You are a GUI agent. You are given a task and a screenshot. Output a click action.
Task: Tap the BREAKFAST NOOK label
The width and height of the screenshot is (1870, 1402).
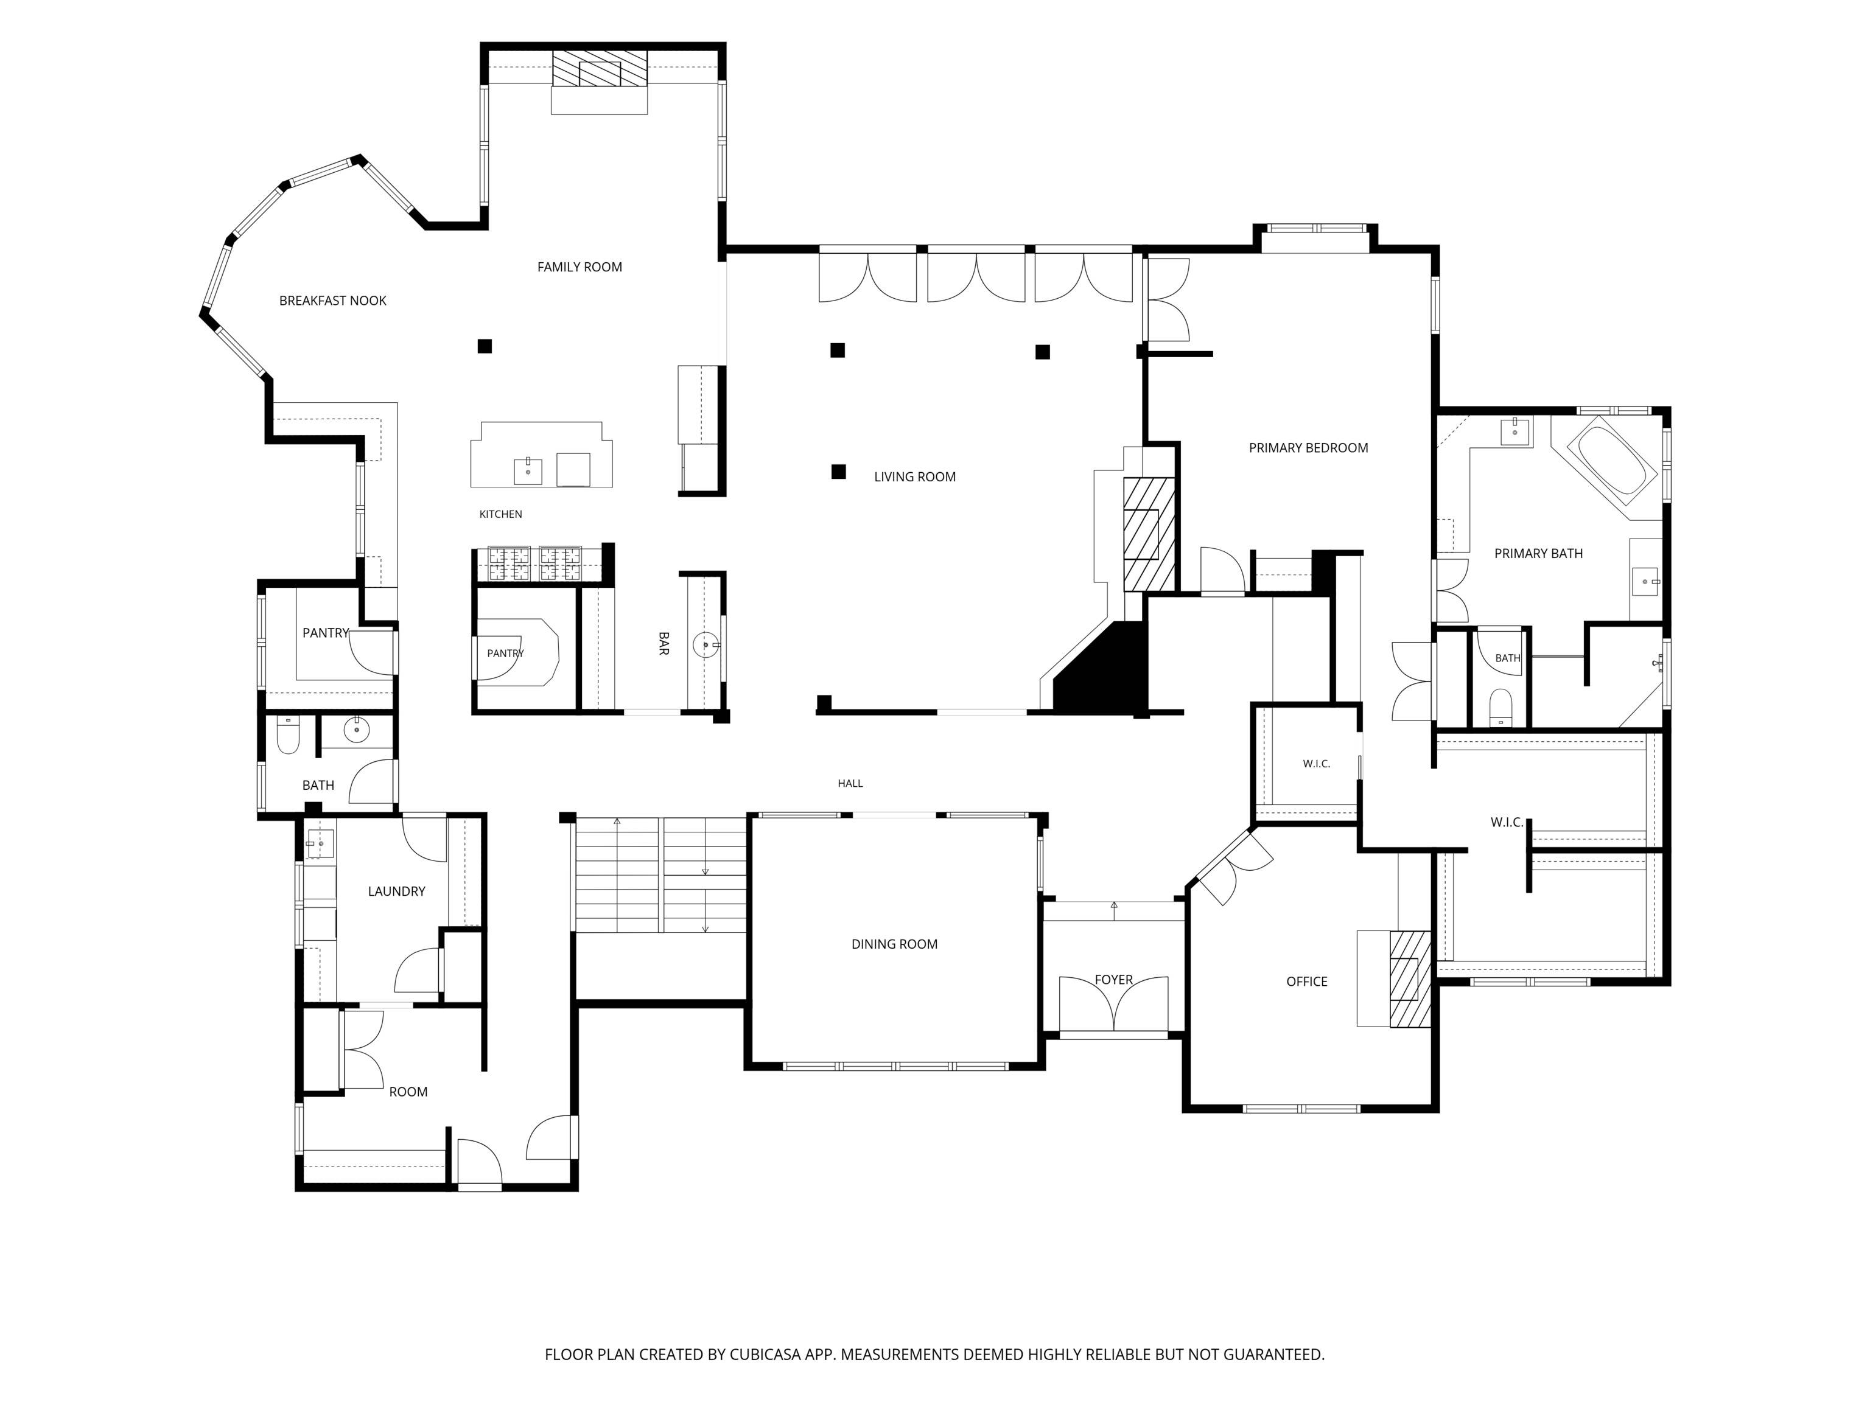[x=332, y=301]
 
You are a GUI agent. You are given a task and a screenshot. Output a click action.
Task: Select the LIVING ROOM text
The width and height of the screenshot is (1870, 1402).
[x=915, y=476]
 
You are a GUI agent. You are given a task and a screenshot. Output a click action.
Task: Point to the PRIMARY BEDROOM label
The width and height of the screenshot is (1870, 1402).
[x=1308, y=448]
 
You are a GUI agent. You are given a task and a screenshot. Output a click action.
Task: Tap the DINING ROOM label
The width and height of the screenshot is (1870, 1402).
[x=894, y=944]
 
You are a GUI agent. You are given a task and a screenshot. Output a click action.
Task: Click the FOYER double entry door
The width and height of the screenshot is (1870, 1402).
[x=1113, y=1006]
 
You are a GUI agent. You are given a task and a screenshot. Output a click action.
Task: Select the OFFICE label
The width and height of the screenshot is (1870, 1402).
[x=1306, y=981]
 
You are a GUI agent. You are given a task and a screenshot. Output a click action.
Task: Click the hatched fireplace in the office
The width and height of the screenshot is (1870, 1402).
[x=1410, y=978]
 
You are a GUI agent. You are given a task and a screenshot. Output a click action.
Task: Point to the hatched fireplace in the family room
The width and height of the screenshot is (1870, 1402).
[x=600, y=68]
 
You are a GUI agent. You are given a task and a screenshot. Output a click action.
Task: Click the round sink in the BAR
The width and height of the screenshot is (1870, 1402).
[x=705, y=646]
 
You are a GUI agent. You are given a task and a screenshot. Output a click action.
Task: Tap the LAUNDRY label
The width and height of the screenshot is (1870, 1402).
[x=396, y=891]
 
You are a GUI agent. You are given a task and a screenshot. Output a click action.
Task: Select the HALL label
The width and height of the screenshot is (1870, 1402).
[x=850, y=783]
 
